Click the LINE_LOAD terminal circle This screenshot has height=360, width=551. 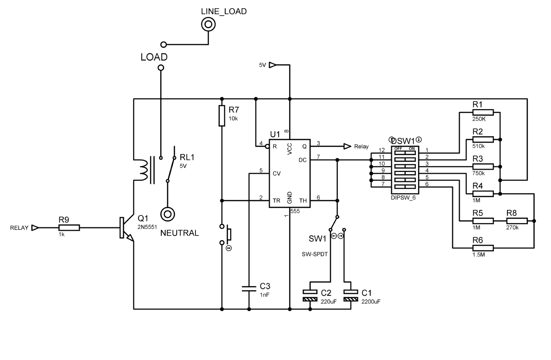pyautogui.click(x=208, y=25)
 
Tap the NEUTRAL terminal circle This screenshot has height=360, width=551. pyautogui.click(x=167, y=214)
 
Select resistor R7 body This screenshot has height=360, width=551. pyautogui.click(x=222, y=115)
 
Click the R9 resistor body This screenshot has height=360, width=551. pyautogui.click(x=69, y=228)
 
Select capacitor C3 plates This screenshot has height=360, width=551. pyautogui.click(x=249, y=288)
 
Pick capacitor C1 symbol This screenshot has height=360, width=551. pyautogui.click(x=351, y=295)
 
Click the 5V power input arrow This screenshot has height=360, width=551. pyautogui.click(x=273, y=65)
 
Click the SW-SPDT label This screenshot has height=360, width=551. pyautogui.click(x=316, y=254)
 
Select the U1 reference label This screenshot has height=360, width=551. pyautogui.click(x=275, y=135)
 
